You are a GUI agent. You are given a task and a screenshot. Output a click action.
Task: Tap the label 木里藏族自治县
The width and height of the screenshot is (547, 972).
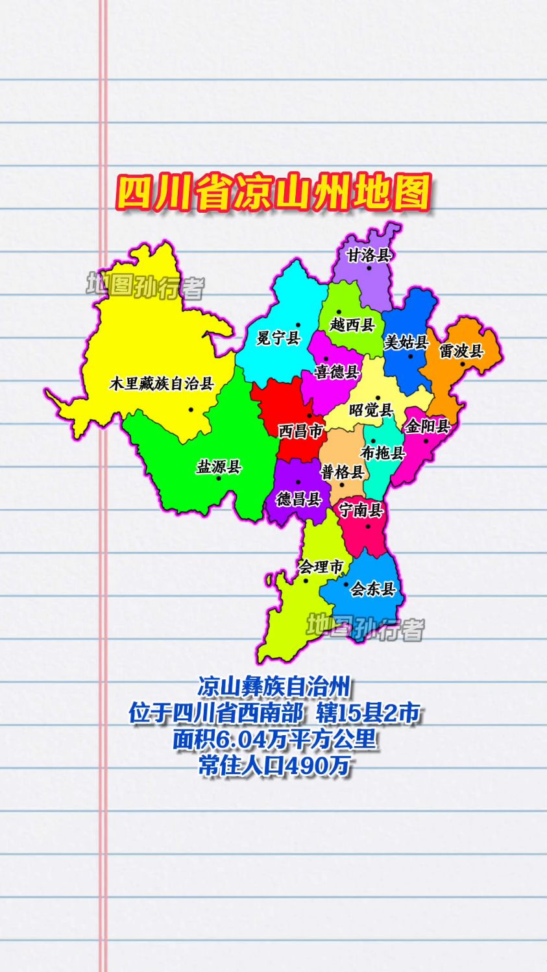click(x=162, y=383)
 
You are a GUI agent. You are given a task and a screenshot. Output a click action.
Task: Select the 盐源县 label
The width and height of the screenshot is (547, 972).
click(x=219, y=467)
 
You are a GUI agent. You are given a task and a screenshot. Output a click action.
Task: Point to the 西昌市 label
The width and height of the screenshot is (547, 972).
click(x=300, y=431)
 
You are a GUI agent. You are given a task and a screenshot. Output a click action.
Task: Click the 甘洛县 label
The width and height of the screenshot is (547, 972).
click(x=369, y=255)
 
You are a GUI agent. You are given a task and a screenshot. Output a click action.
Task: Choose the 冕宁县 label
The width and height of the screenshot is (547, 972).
click(x=278, y=338)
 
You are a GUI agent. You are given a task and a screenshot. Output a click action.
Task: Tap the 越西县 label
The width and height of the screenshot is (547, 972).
click(x=352, y=324)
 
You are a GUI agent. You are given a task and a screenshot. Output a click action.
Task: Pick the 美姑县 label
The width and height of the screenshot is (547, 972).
click(x=406, y=342)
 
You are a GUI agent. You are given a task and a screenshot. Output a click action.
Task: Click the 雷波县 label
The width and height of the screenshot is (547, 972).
click(x=461, y=351)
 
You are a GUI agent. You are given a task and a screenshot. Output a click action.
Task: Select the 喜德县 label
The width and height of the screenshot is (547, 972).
click(x=337, y=372)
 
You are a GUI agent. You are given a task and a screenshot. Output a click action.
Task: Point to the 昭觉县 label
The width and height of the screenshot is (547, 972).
click(x=371, y=410)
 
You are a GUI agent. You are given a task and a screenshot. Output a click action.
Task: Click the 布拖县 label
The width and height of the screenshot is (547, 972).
click(x=383, y=453)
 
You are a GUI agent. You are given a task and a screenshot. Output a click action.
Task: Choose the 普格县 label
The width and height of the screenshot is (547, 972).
click(x=343, y=472)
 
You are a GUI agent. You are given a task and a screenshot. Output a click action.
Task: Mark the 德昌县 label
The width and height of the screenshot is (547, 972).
click(x=299, y=499)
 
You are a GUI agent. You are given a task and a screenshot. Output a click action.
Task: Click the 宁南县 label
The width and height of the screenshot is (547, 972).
click(x=361, y=510)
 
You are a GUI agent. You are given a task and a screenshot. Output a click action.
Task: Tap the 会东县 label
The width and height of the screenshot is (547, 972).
click(x=373, y=589)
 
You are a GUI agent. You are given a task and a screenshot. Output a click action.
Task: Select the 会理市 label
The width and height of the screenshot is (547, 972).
click(x=321, y=567)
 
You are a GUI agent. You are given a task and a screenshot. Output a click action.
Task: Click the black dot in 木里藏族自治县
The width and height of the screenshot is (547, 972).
click(x=191, y=409)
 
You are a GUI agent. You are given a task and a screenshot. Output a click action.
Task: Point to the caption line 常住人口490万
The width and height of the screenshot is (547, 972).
click(x=274, y=766)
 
